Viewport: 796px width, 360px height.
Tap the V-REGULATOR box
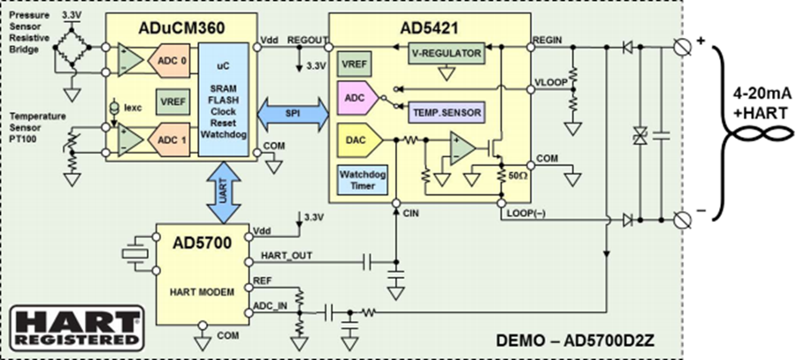click(x=447, y=53)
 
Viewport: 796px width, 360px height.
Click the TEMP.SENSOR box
click(x=447, y=112)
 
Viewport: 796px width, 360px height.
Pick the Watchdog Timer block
click(x=363, y=180)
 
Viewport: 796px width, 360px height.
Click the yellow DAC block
click(x=358, y=140)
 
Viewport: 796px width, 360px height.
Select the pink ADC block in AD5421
click(x=358, y=98)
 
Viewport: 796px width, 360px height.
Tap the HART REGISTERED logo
click(x=78, y=328)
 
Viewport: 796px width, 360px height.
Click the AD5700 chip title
click(x=202, y=242)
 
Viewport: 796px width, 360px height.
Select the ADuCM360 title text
click(x=181, y=28)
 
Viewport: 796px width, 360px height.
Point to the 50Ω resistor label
click(x=518, y=175)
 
